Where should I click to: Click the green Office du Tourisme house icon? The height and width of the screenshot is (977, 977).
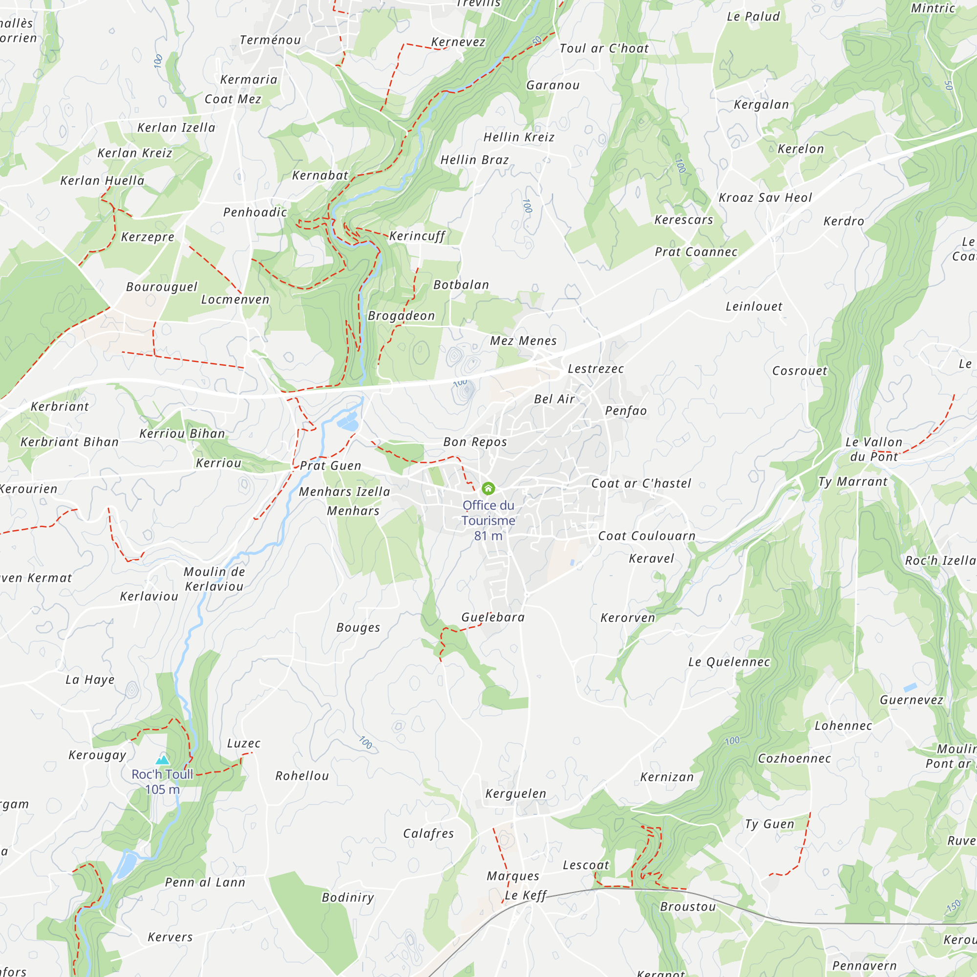point(488,488)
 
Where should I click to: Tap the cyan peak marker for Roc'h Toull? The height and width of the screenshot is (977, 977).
point(162,760)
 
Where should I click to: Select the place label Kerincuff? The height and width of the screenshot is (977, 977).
point(417,235)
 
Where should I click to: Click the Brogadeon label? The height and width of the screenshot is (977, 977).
point(401,316)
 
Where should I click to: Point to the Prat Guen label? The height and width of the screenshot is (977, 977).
point(331,466)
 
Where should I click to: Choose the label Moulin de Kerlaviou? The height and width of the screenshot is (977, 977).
point(214,579)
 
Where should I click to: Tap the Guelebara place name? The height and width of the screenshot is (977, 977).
point(493,617)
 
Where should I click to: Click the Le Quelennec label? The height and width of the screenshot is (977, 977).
point(729,662)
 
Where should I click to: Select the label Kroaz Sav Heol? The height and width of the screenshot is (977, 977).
point(765,198)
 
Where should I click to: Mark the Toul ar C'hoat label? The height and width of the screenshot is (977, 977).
point(604,48)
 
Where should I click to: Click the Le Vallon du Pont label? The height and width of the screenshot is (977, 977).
point(874,449)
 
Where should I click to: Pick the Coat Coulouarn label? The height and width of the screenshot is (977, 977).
point(647,536)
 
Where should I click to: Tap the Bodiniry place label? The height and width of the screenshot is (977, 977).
point(348,897)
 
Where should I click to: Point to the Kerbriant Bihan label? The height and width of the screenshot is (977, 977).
point(70,442)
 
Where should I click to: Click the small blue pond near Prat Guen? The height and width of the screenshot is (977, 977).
point(348,422)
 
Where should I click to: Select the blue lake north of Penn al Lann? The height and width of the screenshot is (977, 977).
point(127,865)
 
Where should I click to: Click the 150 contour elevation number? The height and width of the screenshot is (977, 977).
point(953,906)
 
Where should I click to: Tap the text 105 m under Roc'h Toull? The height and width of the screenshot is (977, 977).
point(162,789)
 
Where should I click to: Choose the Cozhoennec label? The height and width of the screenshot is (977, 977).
point(794,759)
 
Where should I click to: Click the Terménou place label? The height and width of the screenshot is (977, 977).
point(270,40)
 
